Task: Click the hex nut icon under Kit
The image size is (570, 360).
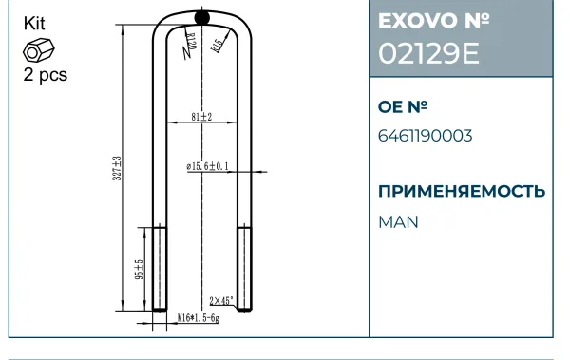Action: (39, 50)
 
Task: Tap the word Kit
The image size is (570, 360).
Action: (34, 24)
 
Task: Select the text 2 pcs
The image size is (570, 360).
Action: (46, 75)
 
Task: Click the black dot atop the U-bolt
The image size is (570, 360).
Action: (202, 17)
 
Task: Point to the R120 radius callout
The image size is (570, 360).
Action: (192, 42)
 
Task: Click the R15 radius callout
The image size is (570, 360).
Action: (217, 46)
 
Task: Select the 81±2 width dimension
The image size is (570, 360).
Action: (201, 117)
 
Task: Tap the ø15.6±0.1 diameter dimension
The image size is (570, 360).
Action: (207, 166)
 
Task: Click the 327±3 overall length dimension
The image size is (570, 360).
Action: (117, 168)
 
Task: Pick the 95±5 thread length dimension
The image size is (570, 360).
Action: (140, 270)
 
